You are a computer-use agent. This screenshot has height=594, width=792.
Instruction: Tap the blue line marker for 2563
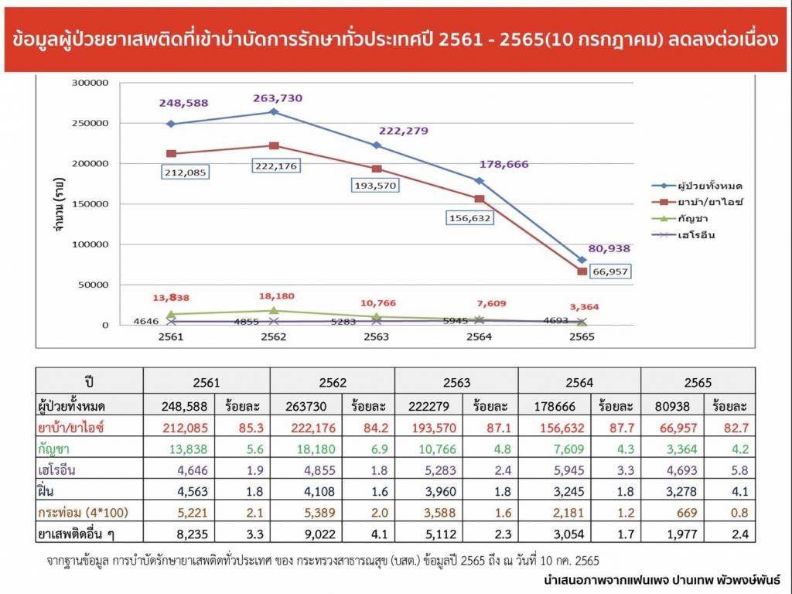[x=377, y=145]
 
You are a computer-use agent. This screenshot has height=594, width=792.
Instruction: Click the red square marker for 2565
[x=582, y=271]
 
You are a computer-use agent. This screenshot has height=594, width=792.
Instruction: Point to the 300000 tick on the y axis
[x=91, y=83]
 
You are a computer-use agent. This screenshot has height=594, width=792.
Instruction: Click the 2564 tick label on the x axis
[x=479, y=337]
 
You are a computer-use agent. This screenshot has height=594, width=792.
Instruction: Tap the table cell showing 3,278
[x=669, y=490]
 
